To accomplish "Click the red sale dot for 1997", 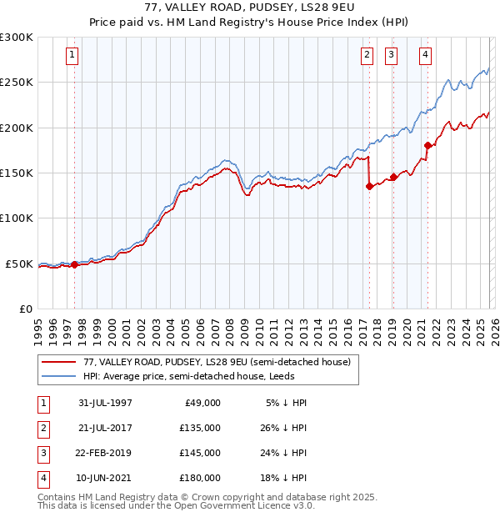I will pyautogui.click(x=75, y=264).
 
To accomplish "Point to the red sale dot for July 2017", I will pyautogui.click(x=368, y=187).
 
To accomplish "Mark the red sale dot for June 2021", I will pyautogui.click(x=427, y=145).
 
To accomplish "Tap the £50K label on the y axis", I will pyautogui.click(x=19, y=264).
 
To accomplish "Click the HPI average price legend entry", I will pyautogui.click(x=205, y=376).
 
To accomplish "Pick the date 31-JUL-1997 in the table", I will pyautogui.click(x=106, y=403).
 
